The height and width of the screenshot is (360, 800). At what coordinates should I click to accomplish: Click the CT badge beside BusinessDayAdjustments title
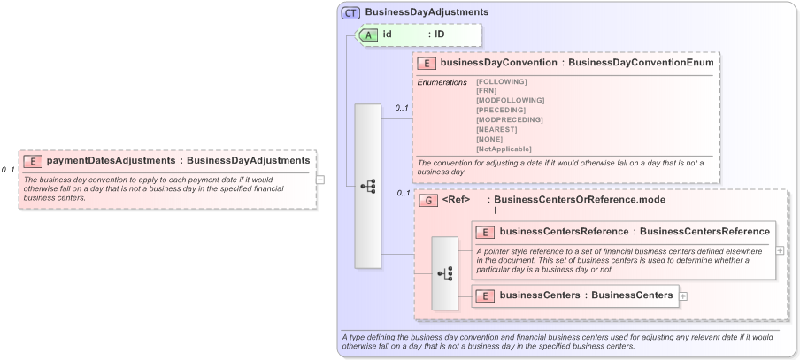[350, 12]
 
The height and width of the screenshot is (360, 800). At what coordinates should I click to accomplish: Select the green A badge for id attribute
[367, 34]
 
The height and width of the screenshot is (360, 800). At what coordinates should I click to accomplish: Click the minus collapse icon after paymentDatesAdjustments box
[320, 180]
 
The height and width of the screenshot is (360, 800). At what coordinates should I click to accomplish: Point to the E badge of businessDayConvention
[427, 63]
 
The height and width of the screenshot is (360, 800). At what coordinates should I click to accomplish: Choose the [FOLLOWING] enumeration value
[501, 81]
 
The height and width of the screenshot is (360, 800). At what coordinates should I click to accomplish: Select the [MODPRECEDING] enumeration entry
[509, 119]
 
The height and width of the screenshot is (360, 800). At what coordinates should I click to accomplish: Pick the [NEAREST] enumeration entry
[496, 129]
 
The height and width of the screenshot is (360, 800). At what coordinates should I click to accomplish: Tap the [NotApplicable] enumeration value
[504, 149]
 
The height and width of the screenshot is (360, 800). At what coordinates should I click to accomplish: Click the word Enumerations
[442, 82]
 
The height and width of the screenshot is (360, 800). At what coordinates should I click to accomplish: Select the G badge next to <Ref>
[428, 201]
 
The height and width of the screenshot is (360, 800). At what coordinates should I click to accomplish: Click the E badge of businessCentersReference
[485, 232]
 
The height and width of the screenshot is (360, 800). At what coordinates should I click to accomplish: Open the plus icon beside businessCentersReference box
[780, 250]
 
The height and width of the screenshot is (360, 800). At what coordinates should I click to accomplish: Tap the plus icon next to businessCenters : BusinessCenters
[683, 295]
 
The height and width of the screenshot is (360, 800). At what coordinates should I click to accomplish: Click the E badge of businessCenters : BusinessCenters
[485, 295]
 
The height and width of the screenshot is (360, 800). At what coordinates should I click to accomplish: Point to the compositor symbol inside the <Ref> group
[444, 273]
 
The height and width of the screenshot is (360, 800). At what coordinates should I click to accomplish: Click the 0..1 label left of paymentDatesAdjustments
[8, 170]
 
